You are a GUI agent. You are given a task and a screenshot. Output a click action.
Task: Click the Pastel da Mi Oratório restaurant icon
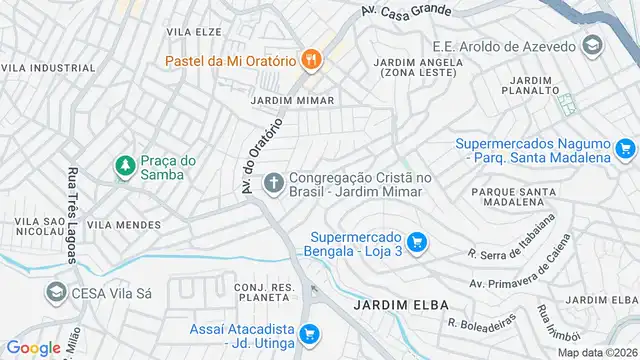[x=313, y=59]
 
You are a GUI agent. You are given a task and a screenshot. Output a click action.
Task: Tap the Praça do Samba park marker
[x=125, y=166]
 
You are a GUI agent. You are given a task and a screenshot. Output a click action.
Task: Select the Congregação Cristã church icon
[x=273, y=182]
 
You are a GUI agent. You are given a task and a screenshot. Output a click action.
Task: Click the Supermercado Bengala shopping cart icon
[x=417, y=241]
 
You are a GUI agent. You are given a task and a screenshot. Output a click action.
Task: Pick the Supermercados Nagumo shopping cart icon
[x=626, y=149]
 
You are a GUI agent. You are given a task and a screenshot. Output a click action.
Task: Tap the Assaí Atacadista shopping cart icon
[x=310, y=333]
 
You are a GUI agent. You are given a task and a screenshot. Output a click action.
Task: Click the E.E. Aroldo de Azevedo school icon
[x=592, y=46]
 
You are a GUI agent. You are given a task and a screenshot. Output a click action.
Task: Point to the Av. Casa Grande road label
[x=404, y=12]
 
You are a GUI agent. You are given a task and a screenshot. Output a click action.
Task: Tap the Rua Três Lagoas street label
[x=73, y=215]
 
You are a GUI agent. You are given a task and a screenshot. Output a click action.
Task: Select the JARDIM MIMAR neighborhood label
[x=292, y=101]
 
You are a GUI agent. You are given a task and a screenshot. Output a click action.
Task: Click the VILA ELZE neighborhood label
[x=193, y=32]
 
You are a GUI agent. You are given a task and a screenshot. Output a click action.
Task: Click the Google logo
[x=33, y=347]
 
